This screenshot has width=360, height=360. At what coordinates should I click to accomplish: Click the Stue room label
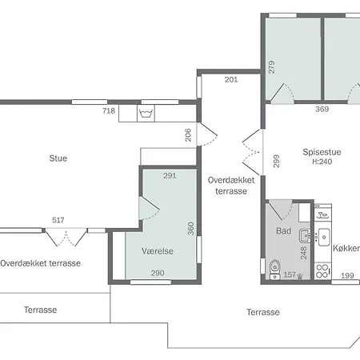coord(58,158)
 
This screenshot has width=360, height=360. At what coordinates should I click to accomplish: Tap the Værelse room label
coord(158,251)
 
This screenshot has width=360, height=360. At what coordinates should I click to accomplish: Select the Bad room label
coord(283,230)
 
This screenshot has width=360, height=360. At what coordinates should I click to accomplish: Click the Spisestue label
coord(322,152)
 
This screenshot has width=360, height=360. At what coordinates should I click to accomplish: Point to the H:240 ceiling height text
coord(322,162)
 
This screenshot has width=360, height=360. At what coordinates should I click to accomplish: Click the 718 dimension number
coord(109,110)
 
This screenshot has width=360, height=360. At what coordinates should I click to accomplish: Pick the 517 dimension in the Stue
coord(58,220)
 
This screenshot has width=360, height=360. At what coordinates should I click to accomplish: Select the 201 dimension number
coord(231,79)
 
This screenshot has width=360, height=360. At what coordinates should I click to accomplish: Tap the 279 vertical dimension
coord(271,67)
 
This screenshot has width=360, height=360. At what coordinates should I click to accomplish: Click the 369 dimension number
coord(322,109)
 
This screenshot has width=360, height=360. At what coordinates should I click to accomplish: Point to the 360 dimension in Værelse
coord(191,229)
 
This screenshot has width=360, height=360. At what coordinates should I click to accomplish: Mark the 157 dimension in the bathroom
coord(290,274)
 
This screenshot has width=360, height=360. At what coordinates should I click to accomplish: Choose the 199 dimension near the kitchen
coord(347,275)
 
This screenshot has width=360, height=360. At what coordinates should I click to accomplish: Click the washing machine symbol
coord(146,114)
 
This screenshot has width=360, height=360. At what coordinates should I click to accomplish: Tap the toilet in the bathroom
coord(274,270)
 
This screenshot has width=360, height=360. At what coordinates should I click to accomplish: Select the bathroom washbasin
coord(304,235)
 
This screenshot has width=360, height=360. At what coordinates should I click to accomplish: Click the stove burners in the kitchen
coord(322,271)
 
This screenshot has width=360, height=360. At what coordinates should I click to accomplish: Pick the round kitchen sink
coord(324,237)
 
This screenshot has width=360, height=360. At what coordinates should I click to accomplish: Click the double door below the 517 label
coord(66,237)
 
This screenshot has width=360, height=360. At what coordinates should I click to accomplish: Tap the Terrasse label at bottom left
coord(40,310)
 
